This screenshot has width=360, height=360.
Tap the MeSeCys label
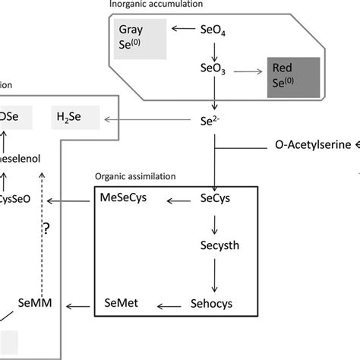point(124,200)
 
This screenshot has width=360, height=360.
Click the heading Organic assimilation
point(134,175)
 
